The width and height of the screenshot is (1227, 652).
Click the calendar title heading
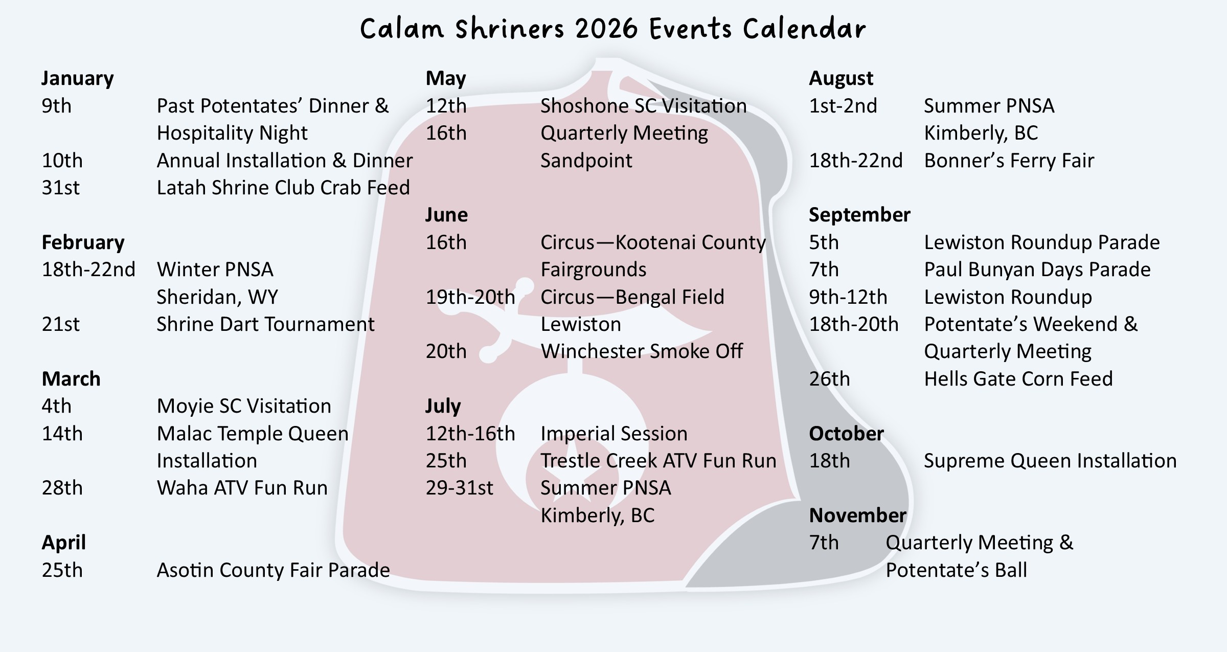click(x=613, y=29)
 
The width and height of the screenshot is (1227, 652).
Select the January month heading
click(x=77, y=79)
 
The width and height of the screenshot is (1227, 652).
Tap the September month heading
click(x=859, y=215)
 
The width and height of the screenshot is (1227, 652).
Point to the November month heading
click(x=857, y=515)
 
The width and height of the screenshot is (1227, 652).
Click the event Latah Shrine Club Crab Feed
click(x=283, y=188)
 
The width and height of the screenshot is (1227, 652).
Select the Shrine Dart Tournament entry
click(x=265, y=325)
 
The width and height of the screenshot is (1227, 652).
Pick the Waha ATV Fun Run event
click(x=242, y=488)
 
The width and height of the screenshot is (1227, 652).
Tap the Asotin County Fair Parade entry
click(x=273, y=570)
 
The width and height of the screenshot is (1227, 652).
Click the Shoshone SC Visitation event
click(x=643, y=106)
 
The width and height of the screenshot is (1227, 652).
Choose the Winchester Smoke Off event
click(x=642, y=352)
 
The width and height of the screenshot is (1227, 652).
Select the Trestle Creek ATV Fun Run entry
click(x=658, y=461)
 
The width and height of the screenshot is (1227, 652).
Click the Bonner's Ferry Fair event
click(x=1009, y=161)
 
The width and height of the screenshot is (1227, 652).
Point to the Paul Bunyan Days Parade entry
click(x=1037, y=270)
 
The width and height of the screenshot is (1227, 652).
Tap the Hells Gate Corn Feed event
click(x=1018, y=379)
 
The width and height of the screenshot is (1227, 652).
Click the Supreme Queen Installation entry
click(x=1050, y=461)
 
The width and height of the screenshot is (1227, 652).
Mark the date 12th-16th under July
click(x=470, y=434)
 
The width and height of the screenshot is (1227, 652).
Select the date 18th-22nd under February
click(x=88, y=270)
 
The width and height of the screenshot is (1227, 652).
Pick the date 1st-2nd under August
click(x=843, y=106)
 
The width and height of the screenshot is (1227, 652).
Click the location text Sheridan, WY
click(x=217, y=298)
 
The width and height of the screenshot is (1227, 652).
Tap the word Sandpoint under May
click(x=586, y=161)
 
